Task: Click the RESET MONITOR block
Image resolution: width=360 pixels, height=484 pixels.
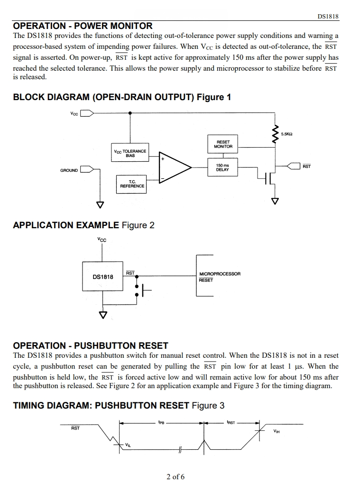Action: tap(223, 144)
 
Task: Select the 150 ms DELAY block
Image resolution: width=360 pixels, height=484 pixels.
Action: tap(222, 168)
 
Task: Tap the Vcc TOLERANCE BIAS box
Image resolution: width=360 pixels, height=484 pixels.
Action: tap(130, 152)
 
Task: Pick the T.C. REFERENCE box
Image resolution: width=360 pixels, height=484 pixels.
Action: tap(131, 184)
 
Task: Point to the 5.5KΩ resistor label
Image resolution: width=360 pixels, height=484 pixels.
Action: tap(286, 134)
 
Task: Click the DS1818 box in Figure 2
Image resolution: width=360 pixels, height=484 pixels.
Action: tap(102, 276)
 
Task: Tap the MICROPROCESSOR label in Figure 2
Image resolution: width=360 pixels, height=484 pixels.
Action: tap(220, 274)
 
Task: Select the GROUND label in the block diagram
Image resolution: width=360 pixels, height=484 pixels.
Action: tap(69, 170)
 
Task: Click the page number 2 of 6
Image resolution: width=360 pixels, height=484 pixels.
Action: tap(175, 476)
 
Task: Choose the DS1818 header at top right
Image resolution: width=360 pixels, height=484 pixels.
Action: tap(328, 16)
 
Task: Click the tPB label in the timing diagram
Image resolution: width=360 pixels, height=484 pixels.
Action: tap(161, 422)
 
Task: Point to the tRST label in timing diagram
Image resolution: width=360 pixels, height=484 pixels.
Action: tap(231, 422)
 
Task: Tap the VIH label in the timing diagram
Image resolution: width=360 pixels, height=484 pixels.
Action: tap(277, 431)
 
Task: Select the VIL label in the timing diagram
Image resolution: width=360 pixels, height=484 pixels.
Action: tap(128, 445)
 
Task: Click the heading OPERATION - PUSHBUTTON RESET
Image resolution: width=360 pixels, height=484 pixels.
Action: tap(91, 345)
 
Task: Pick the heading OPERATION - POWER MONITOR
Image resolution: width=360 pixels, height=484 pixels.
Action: tap(83, 26)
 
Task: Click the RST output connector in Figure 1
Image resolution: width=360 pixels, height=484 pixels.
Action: tap(294, 166)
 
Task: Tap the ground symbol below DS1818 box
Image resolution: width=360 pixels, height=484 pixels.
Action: tap(103, 315)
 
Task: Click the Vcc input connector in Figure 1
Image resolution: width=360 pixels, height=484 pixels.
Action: tap(87, 113)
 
